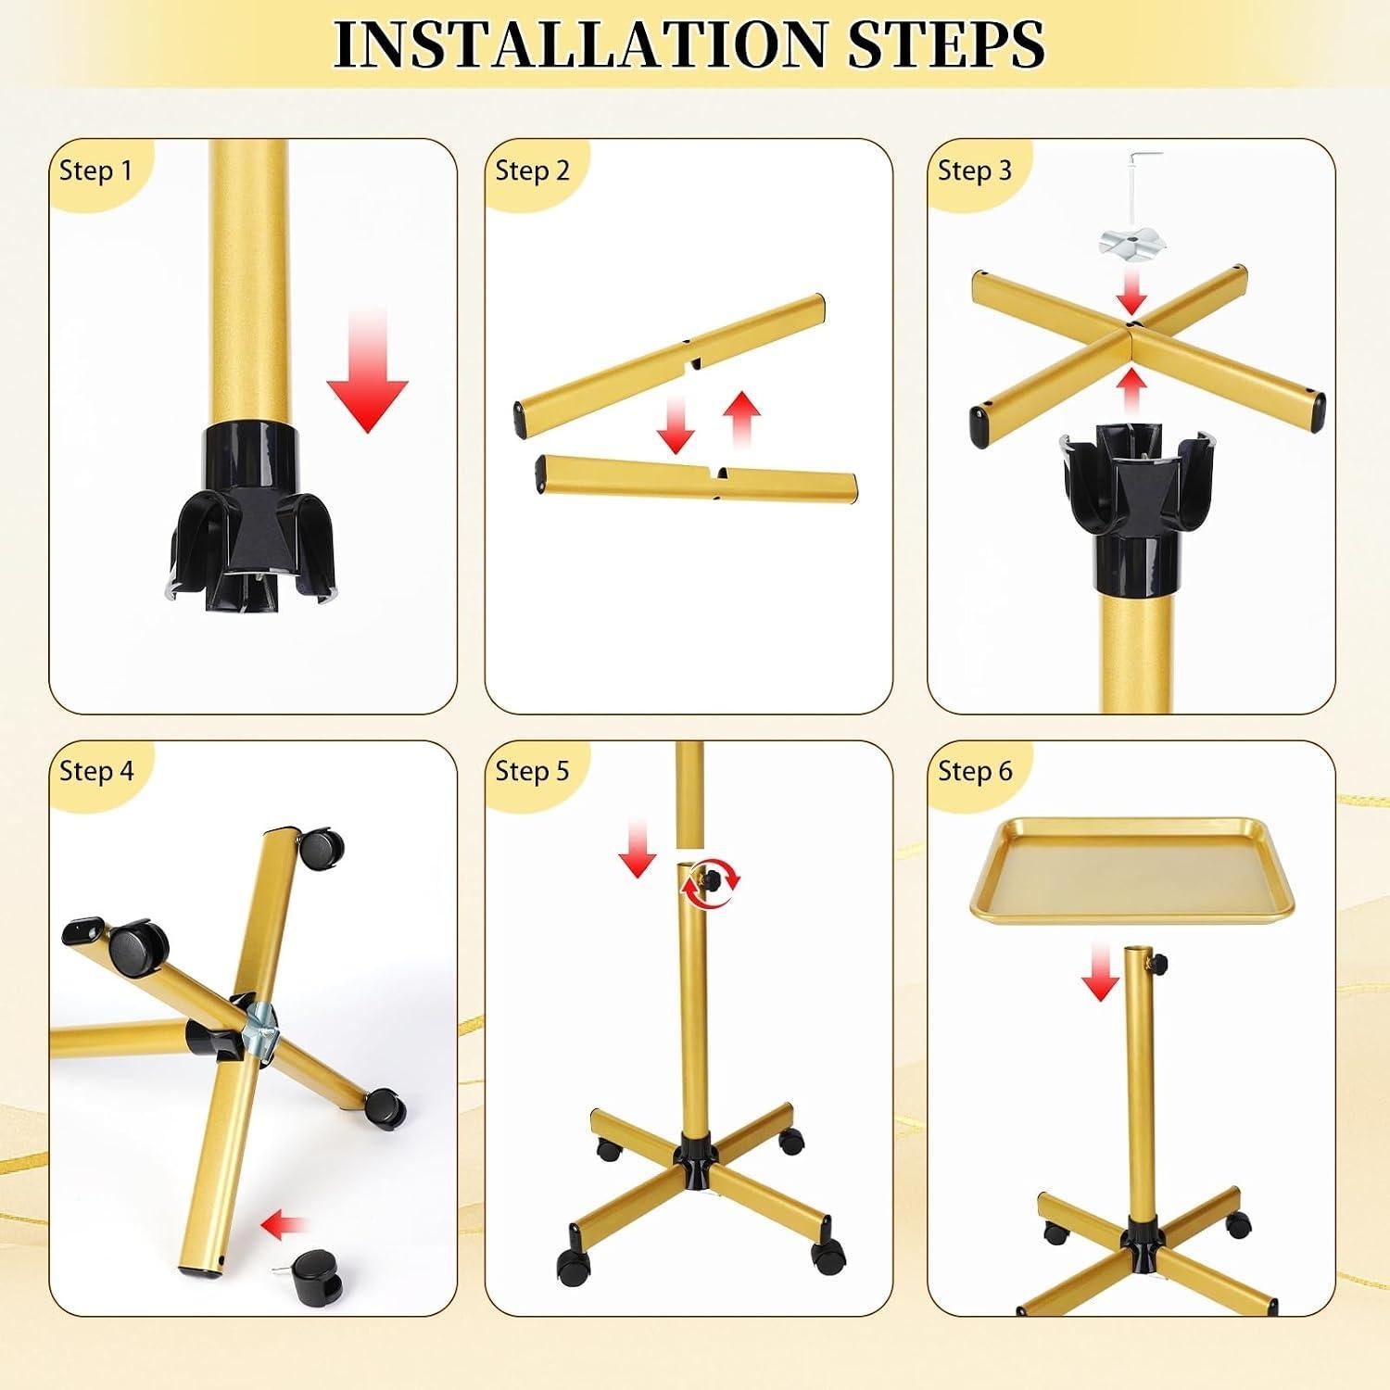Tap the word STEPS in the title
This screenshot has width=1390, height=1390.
click(947, 43)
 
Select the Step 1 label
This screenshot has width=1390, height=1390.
click(95, 171)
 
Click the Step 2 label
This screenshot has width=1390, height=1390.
click(532, 171)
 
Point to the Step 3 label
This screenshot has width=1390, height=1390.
click(975, 171)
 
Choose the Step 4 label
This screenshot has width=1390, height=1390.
click(96, 771)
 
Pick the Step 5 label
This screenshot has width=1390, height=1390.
click(532, 771)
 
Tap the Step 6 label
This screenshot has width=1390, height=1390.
click(975, 771)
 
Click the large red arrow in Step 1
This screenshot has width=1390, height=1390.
click(368, 371)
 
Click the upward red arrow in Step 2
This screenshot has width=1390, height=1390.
click(740, 418)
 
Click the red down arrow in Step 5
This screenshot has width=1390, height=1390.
click(638, 847)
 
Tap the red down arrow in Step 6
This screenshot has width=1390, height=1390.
click(1100, 972)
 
